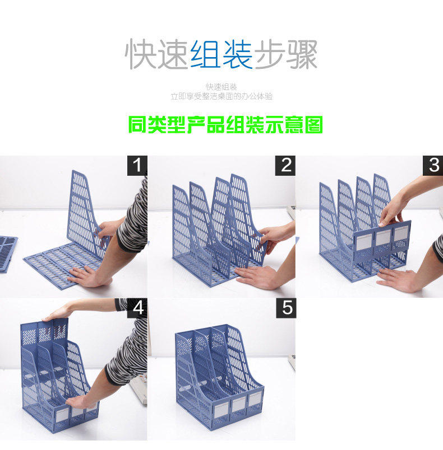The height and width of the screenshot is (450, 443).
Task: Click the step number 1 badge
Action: pos(136,166)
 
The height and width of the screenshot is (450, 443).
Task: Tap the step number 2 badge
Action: pos(287,166)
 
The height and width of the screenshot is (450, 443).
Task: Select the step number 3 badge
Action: pos(433,166)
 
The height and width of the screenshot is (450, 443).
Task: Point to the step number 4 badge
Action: pos(137,308)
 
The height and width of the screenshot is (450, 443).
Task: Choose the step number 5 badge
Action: pos(288,308)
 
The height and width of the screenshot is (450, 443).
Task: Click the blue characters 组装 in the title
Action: pos(221,54)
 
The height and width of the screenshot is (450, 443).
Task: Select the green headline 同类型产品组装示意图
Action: pos(225,124)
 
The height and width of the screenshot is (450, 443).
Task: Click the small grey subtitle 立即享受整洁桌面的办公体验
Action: pos(221,96)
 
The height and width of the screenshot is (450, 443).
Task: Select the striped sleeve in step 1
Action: pos(133,224)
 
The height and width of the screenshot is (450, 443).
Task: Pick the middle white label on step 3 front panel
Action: pos(382,237)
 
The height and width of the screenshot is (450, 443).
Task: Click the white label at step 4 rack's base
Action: pos(62,413)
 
